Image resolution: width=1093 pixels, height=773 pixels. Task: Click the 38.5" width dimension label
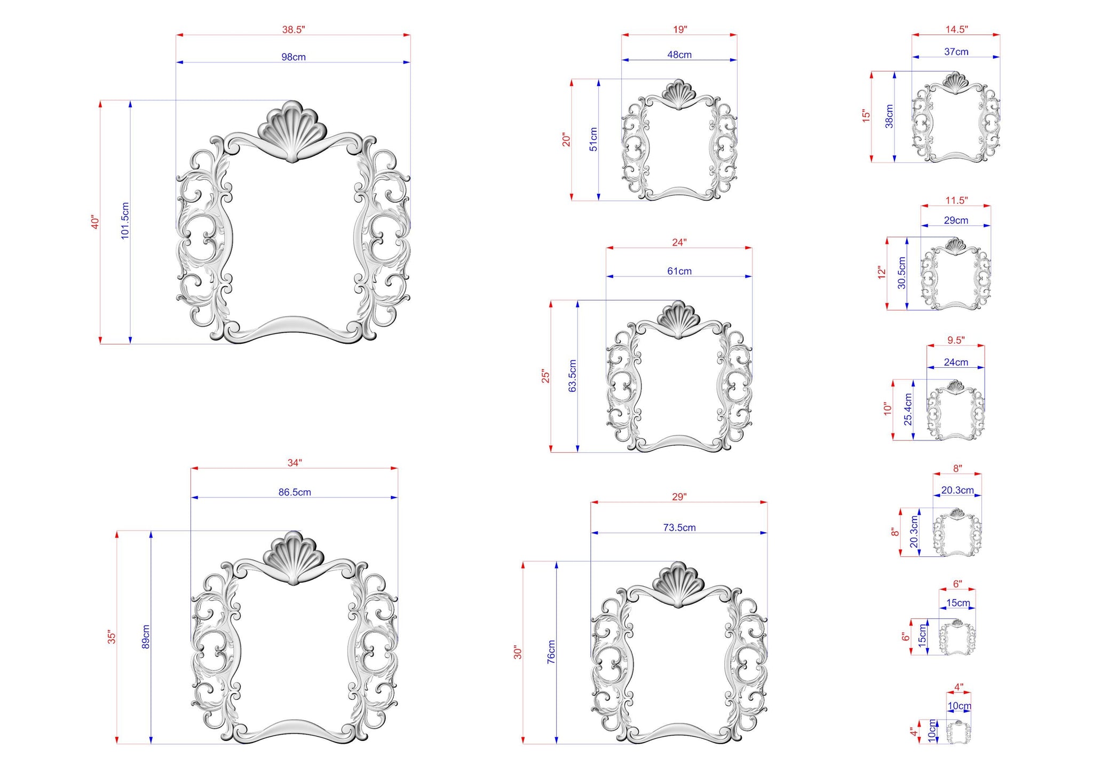293,30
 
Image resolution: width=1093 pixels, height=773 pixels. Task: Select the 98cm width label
294,57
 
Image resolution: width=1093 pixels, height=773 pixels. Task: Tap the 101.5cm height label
125,220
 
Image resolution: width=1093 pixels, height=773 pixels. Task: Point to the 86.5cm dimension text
295,492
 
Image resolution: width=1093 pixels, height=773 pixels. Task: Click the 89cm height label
146,637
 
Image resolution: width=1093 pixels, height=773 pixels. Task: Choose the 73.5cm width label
679,527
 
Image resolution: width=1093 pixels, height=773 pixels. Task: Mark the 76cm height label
551,652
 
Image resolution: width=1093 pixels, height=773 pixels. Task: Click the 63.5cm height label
573,376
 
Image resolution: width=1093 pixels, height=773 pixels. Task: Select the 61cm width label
679,271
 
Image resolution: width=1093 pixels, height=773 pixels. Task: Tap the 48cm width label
679,54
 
